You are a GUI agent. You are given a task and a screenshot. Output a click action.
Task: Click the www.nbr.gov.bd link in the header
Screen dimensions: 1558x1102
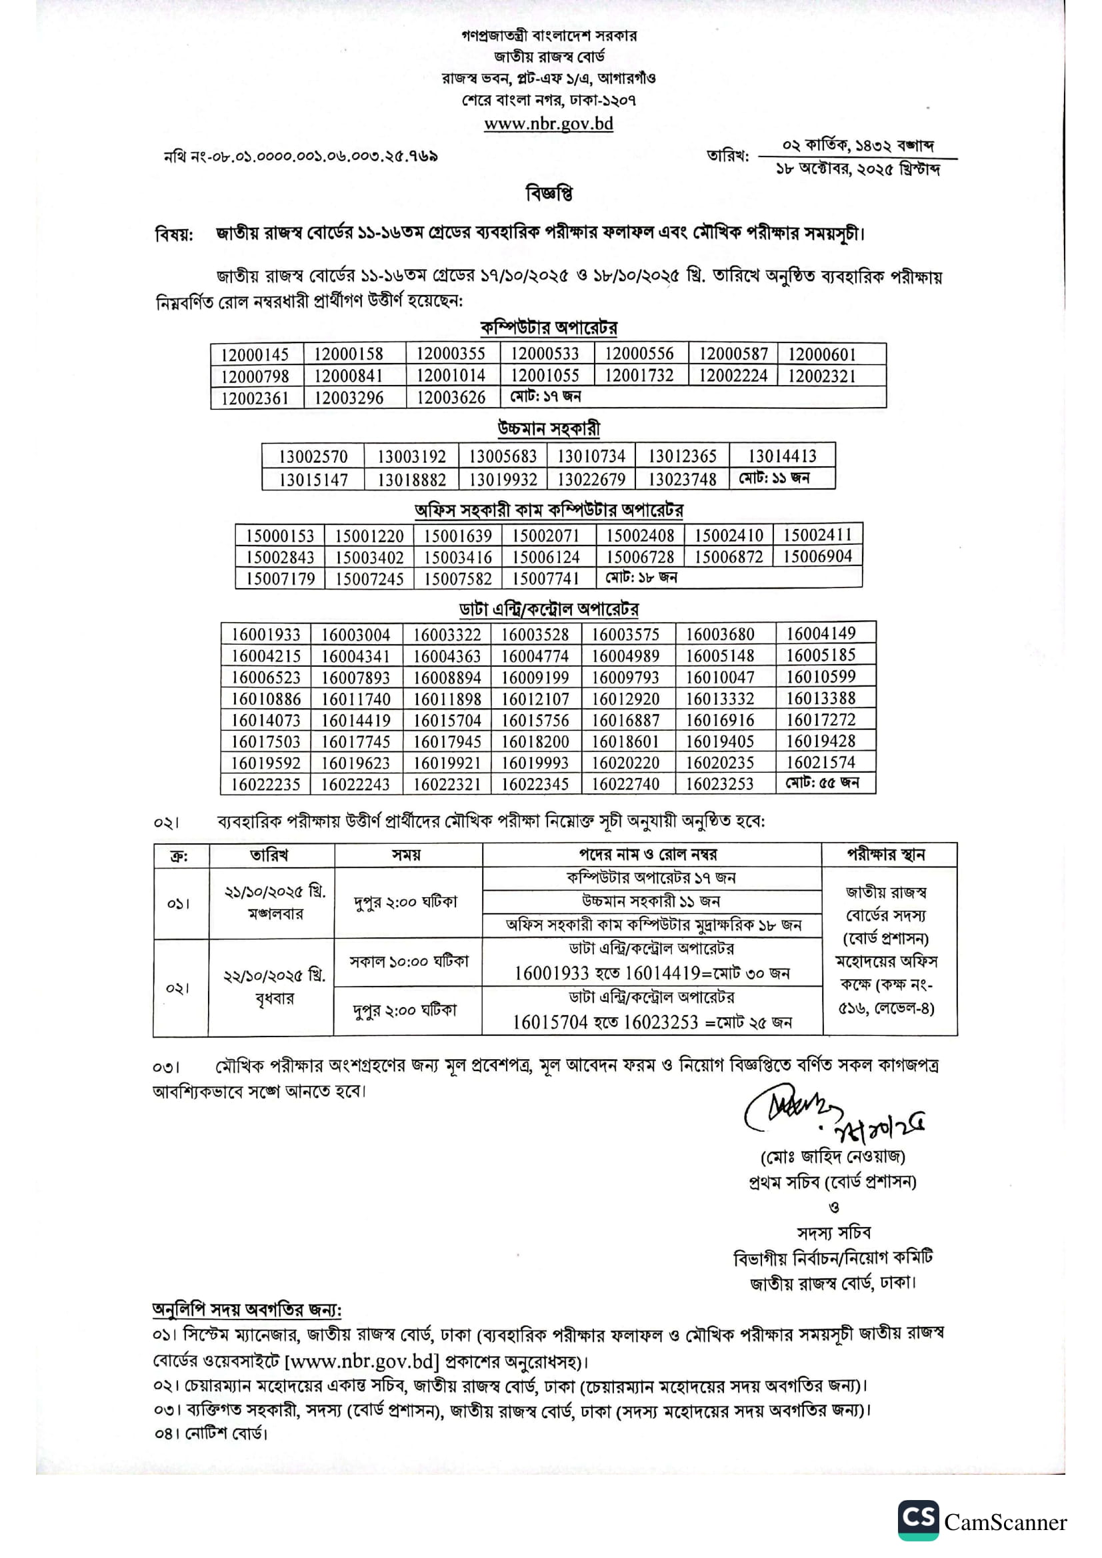tap(548, 124)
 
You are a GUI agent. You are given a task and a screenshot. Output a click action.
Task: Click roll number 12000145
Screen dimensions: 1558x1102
tap(255, 354)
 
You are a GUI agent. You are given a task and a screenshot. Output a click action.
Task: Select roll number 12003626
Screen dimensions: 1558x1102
tap(451, 398)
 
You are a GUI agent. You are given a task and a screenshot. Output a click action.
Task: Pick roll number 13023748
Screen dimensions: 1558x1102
tap(682, 479)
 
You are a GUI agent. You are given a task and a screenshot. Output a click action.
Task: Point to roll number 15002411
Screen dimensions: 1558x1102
tap(817, 535)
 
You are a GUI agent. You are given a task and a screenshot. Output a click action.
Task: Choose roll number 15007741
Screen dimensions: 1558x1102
tap(546, 578)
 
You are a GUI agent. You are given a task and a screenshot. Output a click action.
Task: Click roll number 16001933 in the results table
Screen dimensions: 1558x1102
tap(265, 635)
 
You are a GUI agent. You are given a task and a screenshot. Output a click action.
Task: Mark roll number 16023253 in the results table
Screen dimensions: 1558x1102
tap(719, 784)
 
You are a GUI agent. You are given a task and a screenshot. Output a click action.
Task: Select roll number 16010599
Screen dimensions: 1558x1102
tap(821, 677)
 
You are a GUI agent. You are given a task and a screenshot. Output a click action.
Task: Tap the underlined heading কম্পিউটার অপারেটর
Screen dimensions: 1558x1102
tap(549, 328)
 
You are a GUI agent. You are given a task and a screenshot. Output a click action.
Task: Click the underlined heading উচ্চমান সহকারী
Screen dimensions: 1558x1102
tap(549, 429)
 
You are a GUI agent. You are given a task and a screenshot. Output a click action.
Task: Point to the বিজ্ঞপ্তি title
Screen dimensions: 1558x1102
tap(549, 194)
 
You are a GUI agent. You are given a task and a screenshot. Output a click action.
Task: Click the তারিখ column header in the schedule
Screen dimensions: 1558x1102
tap(269, 855)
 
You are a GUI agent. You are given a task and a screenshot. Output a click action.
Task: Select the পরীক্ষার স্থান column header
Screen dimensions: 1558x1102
tap(886, 855)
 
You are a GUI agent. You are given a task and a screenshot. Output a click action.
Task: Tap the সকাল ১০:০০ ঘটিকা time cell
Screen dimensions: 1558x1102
tap(408, 962)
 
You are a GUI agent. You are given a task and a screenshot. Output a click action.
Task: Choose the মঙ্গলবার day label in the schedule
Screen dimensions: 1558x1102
tap(275, 914)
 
